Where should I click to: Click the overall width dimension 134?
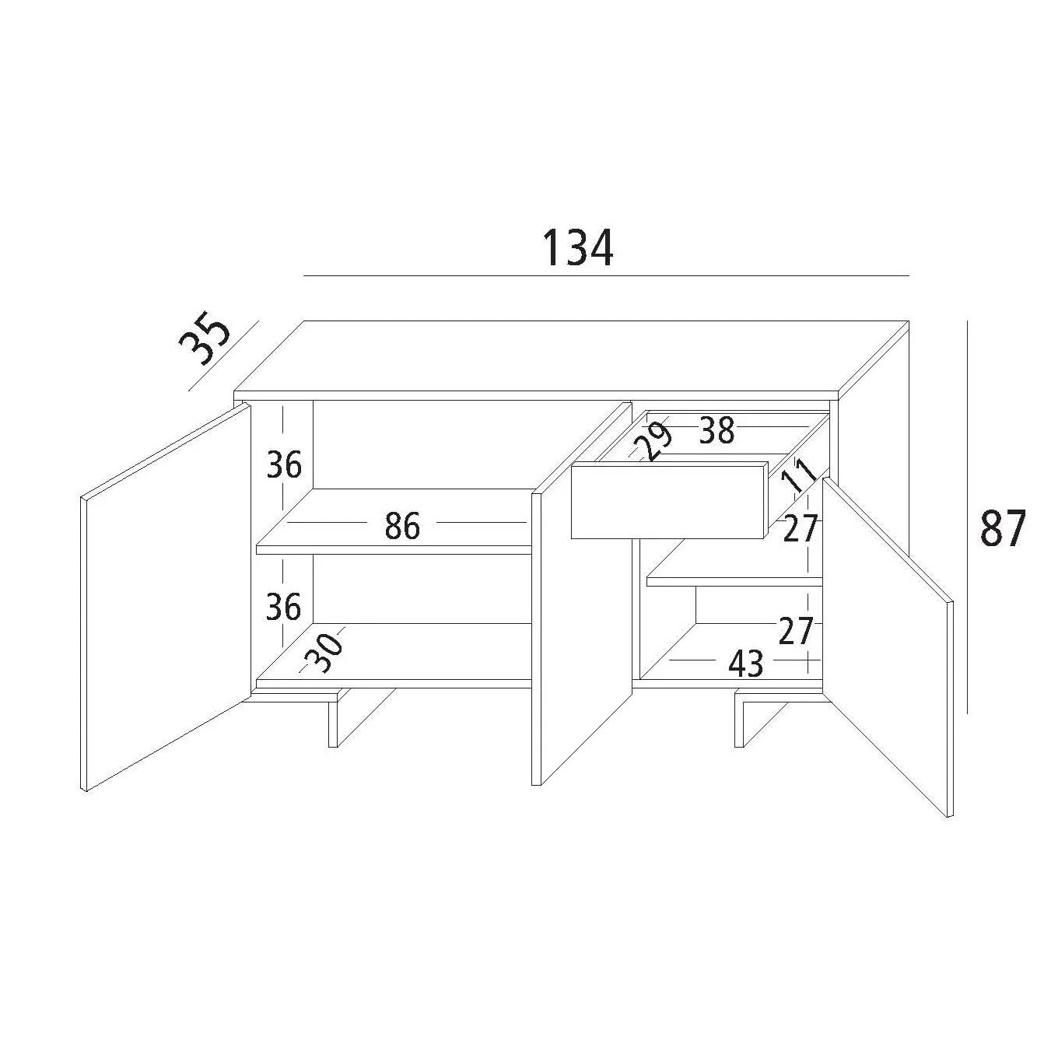(577, 248)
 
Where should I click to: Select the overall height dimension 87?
(1003, 529)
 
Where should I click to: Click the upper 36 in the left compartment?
(284, 465)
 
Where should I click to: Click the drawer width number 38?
(716, 431)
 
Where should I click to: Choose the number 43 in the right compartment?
(745, 664)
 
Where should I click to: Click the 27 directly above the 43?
(794, 631)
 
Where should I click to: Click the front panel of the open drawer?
(669, 502)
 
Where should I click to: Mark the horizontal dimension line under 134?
(606, 275)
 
